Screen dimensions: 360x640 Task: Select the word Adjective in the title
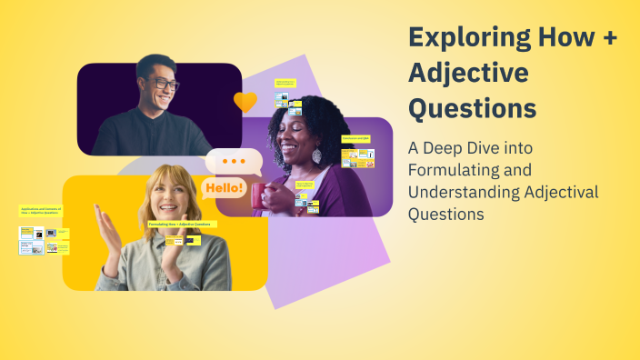[467, 73]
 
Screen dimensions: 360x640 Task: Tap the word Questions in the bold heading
[471, 107]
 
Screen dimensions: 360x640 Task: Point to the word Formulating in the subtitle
[452, 170]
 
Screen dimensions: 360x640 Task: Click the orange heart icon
[245, 102]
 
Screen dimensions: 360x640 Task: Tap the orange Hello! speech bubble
[224, 189]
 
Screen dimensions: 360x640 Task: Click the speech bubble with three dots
[234, 161]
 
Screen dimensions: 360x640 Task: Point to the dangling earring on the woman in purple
[316, 155]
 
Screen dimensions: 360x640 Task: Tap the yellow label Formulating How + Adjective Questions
[179, 224]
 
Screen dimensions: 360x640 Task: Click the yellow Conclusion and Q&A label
[355, 138]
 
